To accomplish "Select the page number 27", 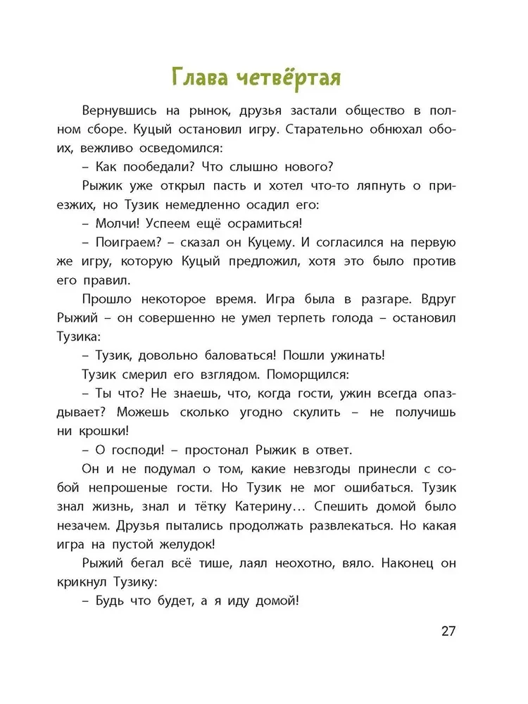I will pos(448,630).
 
